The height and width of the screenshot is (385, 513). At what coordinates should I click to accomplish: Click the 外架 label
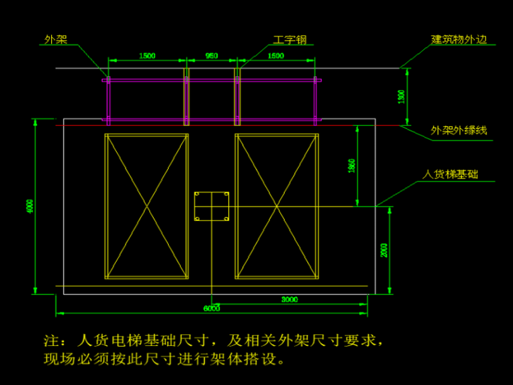click(x=56, y=40)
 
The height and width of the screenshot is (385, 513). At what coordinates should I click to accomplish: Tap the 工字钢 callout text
click(x=290, y=40)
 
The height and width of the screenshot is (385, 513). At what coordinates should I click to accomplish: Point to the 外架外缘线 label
click(x=459, y=130)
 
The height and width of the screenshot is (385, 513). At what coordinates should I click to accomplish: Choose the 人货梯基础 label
click(x=450, y=174)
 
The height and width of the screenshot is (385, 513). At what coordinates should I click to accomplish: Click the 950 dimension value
click(x=211, y=57)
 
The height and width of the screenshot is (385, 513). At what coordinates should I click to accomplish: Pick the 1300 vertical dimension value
click(x=402, y=97)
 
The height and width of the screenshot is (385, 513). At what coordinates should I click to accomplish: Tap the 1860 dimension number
click(x=352, y=165)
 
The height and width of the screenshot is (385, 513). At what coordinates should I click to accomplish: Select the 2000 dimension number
click(x=385, y=250)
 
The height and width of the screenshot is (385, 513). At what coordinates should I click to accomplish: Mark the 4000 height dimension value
click(x=29, y=206)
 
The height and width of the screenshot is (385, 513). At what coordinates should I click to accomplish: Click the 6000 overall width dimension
click(x=211, y=309)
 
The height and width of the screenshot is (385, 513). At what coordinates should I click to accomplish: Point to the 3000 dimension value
click(x=290, y=299)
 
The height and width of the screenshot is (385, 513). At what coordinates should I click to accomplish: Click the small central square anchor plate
click(x=212, y=206)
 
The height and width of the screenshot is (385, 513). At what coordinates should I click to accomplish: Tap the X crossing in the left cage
click(x=146, y=206)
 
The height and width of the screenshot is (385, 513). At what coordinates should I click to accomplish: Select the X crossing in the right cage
click(x=276, y=206)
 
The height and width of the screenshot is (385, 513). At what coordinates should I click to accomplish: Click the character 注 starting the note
click(x=51, y=338)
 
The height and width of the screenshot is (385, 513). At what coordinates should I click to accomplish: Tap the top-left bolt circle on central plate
click(x=198, y=196)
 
